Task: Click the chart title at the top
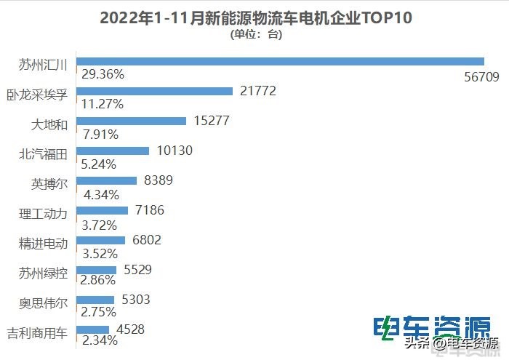pos(255,18)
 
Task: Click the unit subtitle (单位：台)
pos(255,34)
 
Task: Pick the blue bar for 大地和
pos(131,121)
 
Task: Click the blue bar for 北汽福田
pos(112,151)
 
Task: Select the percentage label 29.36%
pos(103,74)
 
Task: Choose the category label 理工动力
pos(45,214)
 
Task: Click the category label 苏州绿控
pos(45,273)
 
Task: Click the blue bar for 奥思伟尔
pos(95,300)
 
